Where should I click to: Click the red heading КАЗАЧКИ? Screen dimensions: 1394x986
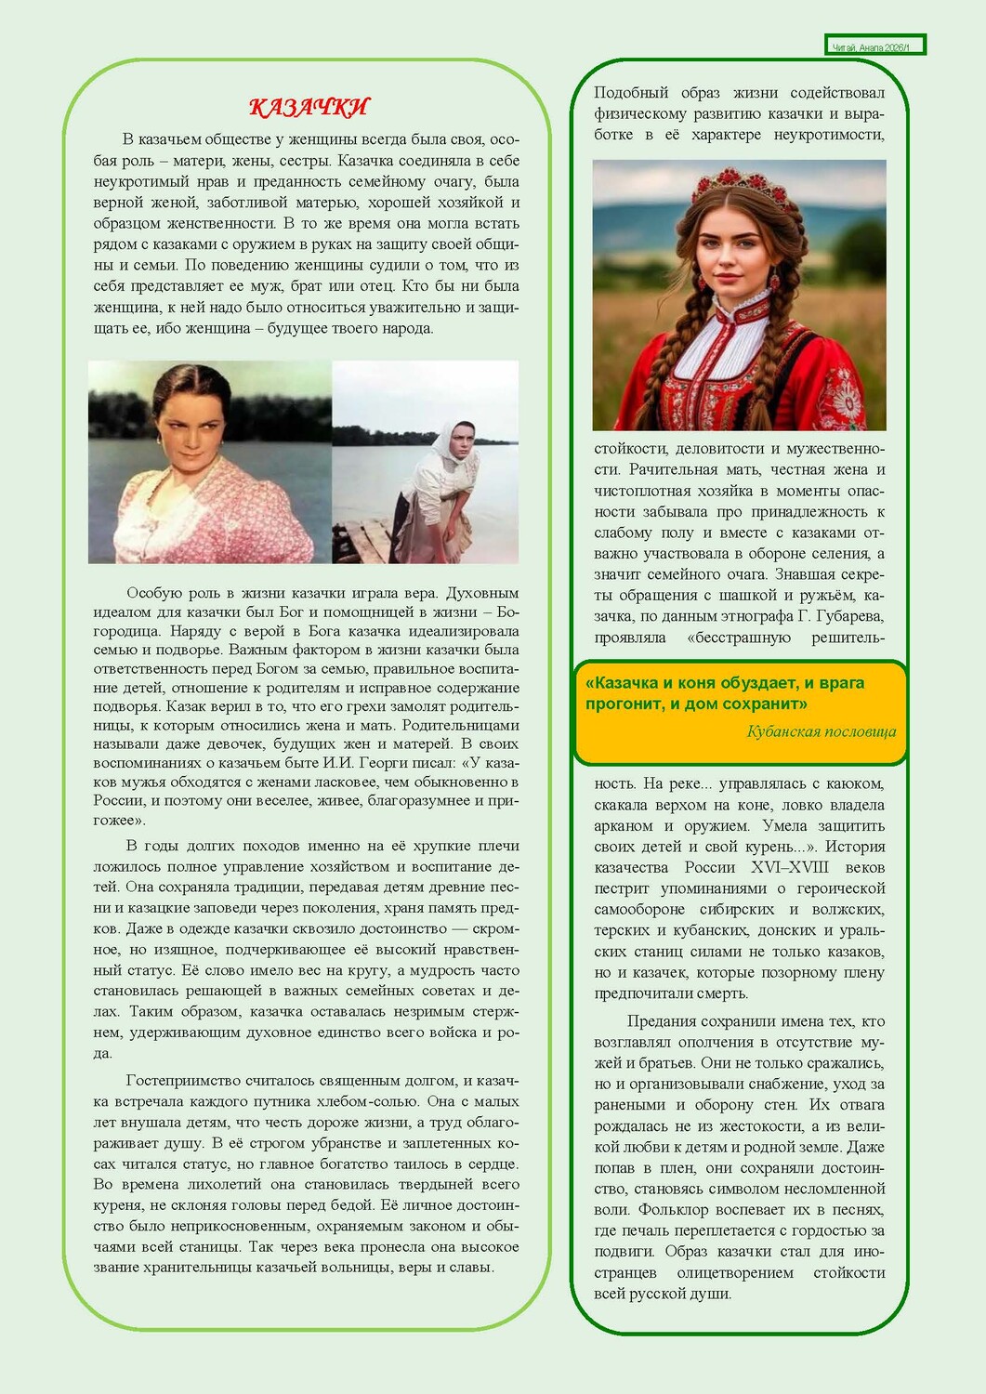tap(309, 108)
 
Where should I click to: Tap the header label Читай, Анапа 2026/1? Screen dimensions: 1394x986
tap(874, 46)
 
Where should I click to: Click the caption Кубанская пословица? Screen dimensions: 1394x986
tap(821, 732)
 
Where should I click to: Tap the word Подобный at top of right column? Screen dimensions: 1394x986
tap(631, 93)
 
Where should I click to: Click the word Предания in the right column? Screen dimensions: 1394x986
tap(664, 1021)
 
